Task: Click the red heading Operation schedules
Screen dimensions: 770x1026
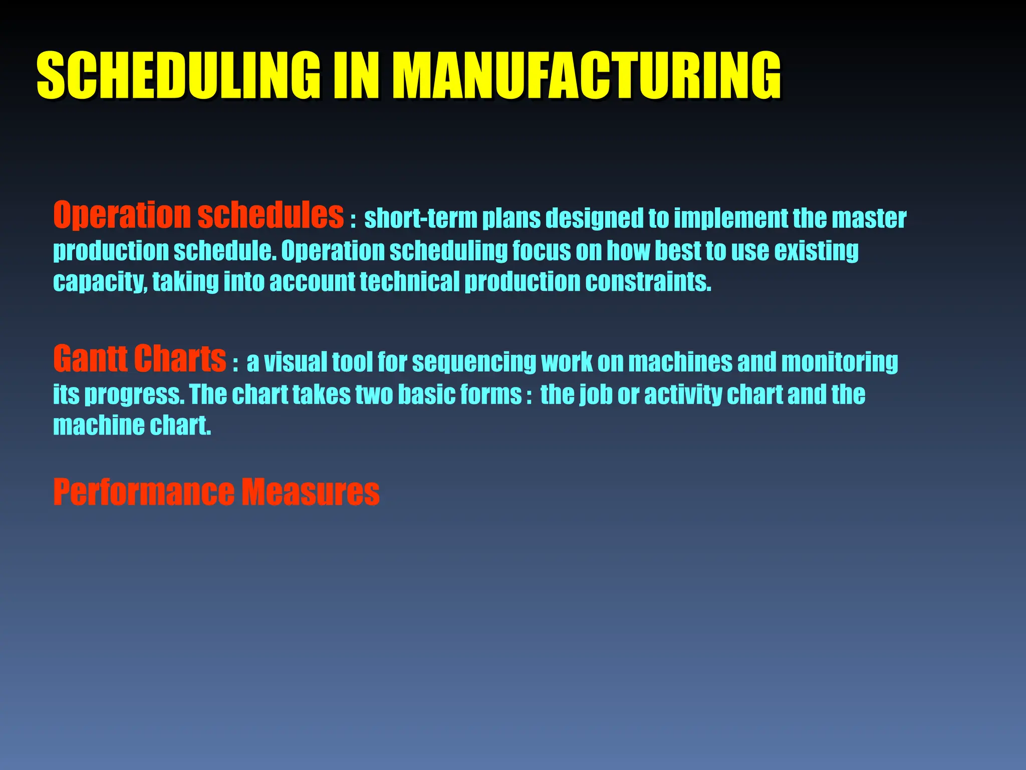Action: point(198,216)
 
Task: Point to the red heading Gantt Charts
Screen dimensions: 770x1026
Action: point(140,359)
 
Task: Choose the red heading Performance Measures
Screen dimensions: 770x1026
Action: point(216,492)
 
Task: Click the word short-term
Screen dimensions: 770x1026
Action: point(420,219)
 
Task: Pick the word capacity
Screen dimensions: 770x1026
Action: point(99,282)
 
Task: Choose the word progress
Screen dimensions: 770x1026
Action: point(134,395)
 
